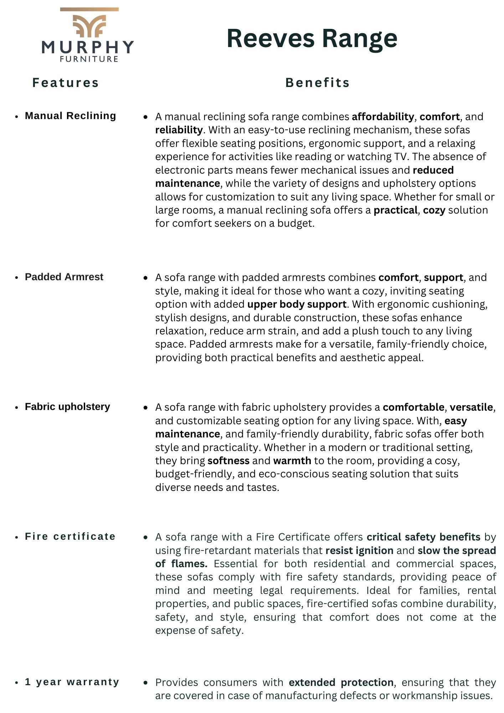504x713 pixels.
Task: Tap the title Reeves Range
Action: tap(312, 38)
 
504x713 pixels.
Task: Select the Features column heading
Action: tap(66, 83)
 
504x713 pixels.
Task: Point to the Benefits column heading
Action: tap(318, 83)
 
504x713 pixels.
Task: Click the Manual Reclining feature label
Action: tap(71, 116)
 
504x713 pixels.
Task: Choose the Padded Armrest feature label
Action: tap(64, 277)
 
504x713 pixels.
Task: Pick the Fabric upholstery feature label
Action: tap(67, 407)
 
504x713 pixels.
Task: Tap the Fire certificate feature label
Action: tap(70, 537)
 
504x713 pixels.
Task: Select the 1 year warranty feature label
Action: tap(72, 682)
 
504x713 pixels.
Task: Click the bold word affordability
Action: tap(383, 117)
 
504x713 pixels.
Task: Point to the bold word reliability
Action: tap(179, 130)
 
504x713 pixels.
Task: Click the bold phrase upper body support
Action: tap(297, 304)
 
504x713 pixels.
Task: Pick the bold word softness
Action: tap(228, 461)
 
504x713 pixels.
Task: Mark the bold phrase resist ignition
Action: tap(359, 551)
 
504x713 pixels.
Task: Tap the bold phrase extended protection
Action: tap(341, 683)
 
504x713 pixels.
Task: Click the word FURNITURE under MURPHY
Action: tap(89, 59)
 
